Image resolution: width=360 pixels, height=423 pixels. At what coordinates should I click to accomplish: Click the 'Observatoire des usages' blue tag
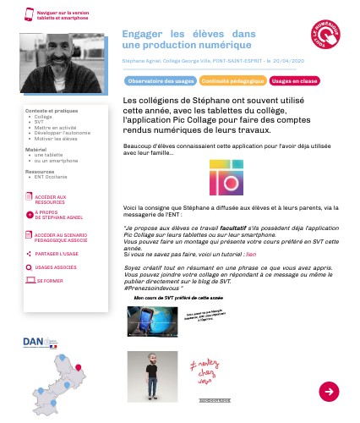(x=161, y=81)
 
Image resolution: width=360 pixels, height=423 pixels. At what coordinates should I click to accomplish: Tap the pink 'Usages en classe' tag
(x=295, y=81)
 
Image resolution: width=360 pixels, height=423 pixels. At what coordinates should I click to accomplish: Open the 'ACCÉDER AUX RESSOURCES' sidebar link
(x=50, y=200)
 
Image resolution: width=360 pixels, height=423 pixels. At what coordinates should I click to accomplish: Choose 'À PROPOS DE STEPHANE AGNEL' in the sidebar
(x=55, y=216)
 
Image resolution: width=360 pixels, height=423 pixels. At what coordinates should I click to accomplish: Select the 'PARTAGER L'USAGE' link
(x=57, y=253)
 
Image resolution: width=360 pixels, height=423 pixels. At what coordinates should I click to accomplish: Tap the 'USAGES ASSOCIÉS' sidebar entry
(x=56, y=267)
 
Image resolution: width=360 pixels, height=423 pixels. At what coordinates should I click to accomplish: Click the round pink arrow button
(x=329, y=391)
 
